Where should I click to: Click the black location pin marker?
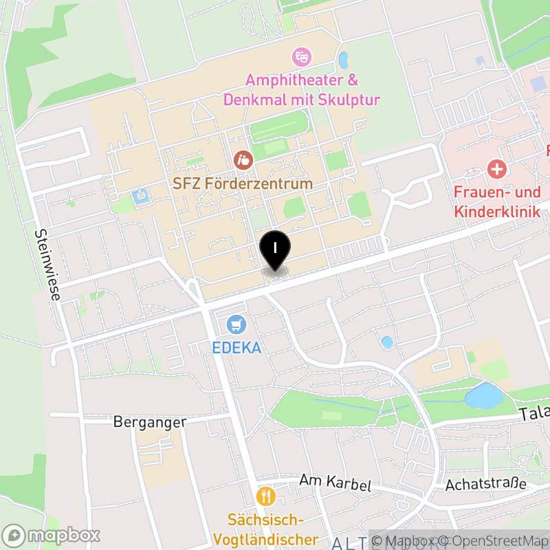coord(275,250)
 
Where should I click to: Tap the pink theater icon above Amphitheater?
coord(300,56)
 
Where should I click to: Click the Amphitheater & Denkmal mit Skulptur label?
coord(302,89)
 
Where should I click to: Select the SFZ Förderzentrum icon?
coord(243,161)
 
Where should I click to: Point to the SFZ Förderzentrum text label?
coord(243,184)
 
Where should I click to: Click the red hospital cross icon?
coord(496,168)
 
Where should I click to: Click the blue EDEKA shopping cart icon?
coord(236,324)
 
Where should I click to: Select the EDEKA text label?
coord(236,348)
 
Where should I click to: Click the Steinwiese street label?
coord(47,265)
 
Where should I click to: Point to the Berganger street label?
coord(150,421)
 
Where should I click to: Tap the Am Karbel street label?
coord(335,483)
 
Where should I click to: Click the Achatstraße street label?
coord(486,485)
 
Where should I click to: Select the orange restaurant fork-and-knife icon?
coord(265,496)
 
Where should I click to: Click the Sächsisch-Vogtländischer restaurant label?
coord(266,529)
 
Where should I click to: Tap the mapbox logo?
coord(52,535)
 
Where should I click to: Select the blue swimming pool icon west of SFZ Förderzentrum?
coord(142,196)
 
